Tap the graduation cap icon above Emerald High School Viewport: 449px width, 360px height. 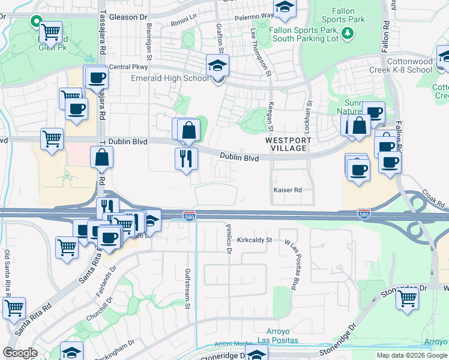(217, 66)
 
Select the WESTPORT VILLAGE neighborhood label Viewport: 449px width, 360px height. (289, 144)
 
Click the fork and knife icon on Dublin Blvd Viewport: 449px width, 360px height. (185, 158)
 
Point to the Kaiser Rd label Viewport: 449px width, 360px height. (287, 190)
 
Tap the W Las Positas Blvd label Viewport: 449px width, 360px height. (295, 258)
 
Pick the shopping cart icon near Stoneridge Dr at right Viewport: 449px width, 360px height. (407, 297)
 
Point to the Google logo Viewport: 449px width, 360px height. (20, 353)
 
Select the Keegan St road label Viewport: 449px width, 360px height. (271, 117)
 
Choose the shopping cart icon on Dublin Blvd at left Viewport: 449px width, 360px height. (52, 139)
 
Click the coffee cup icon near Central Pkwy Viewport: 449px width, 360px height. (96, 77)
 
